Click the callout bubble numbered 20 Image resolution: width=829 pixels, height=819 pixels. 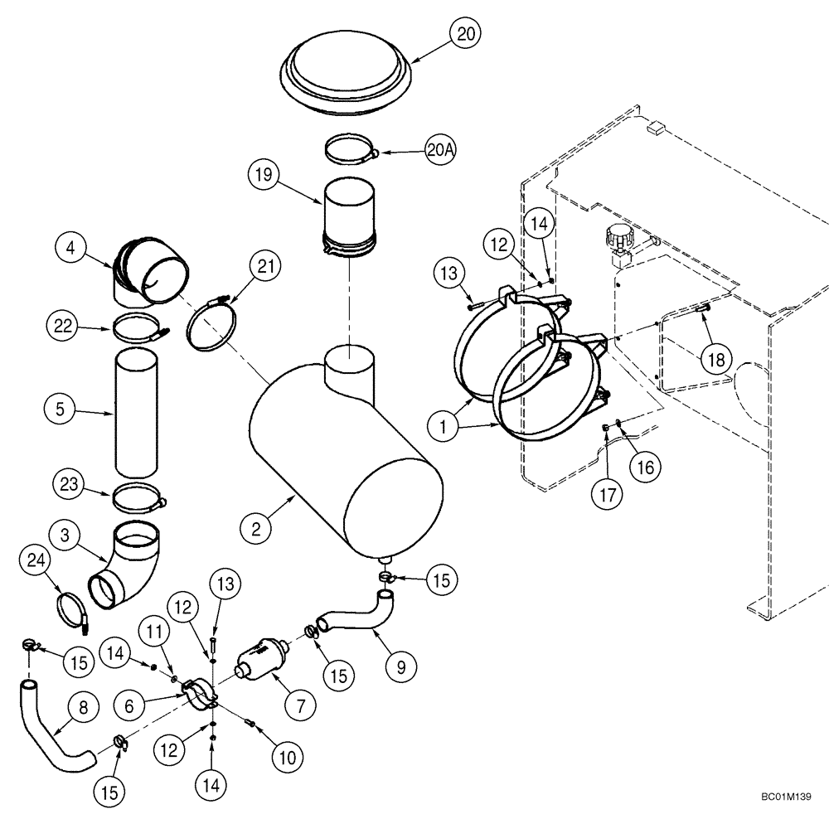click(x=466, y=34)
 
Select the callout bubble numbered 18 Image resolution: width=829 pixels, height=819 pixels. click(x=715, y=358)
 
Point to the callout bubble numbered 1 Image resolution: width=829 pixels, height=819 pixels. click(x=444, y=427)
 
